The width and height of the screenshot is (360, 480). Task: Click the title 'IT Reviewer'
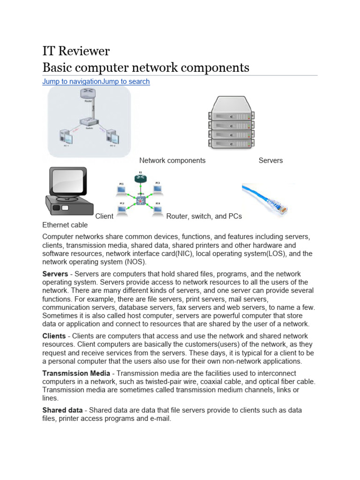76,51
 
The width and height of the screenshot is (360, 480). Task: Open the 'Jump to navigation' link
72,82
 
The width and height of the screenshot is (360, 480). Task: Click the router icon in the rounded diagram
88,96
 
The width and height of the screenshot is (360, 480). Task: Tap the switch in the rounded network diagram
88,121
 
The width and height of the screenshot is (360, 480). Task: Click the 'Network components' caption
172,160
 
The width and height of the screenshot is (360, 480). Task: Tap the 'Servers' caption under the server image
270,160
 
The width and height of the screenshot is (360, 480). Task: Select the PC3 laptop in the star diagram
158,188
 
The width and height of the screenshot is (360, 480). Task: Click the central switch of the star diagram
140,199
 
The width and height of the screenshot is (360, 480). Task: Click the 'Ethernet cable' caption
65,225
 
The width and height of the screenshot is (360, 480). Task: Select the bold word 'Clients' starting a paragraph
54,336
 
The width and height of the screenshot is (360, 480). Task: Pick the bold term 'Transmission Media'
76,374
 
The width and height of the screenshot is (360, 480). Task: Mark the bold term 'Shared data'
62,410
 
